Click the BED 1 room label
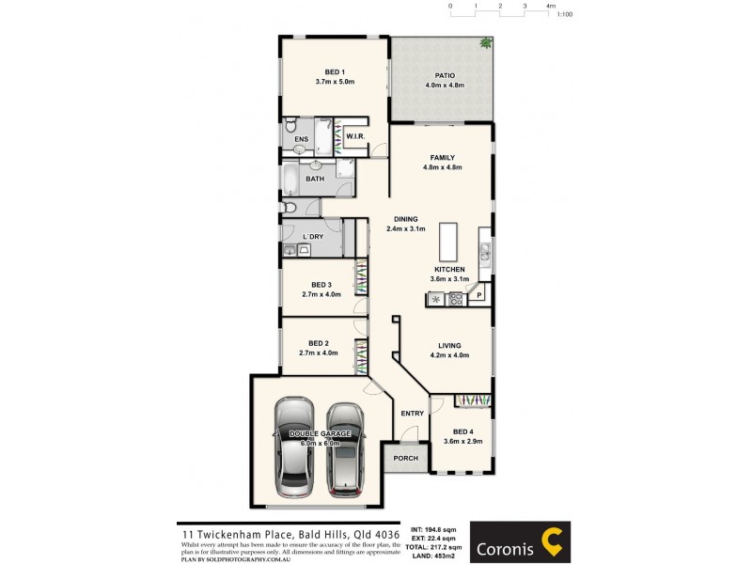tap(335, 72)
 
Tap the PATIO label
tap(445, 75)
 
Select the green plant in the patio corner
tap(485, 43)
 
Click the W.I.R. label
tap(355, 137)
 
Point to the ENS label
tap(301, 140)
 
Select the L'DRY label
tap(313, 237)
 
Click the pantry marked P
tap(479, 296)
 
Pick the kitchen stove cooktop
tap(456, 299)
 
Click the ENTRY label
tap(412, 414)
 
